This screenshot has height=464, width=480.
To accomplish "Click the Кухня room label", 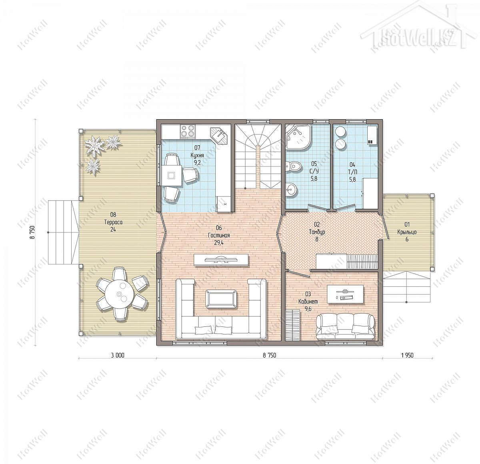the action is coord(197,155).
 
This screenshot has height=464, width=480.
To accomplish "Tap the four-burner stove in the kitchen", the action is coord(188,131).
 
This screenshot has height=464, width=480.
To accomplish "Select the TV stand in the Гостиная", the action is coord(221,260).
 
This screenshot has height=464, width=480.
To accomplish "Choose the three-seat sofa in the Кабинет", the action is coord(345,327).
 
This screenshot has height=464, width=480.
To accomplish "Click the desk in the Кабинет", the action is coord(345,294).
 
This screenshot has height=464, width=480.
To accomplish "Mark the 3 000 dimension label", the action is coord(118,356).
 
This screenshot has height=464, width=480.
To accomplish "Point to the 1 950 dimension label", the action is coord(407,356).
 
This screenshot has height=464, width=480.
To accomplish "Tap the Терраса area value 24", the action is coord(113,230).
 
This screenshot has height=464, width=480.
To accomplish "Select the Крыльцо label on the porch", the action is coord(407,232).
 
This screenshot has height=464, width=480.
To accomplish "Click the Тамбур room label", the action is coord(317,232).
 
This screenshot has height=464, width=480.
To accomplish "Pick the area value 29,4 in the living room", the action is coord(219,243).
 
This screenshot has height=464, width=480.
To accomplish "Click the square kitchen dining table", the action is coord(172,175).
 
